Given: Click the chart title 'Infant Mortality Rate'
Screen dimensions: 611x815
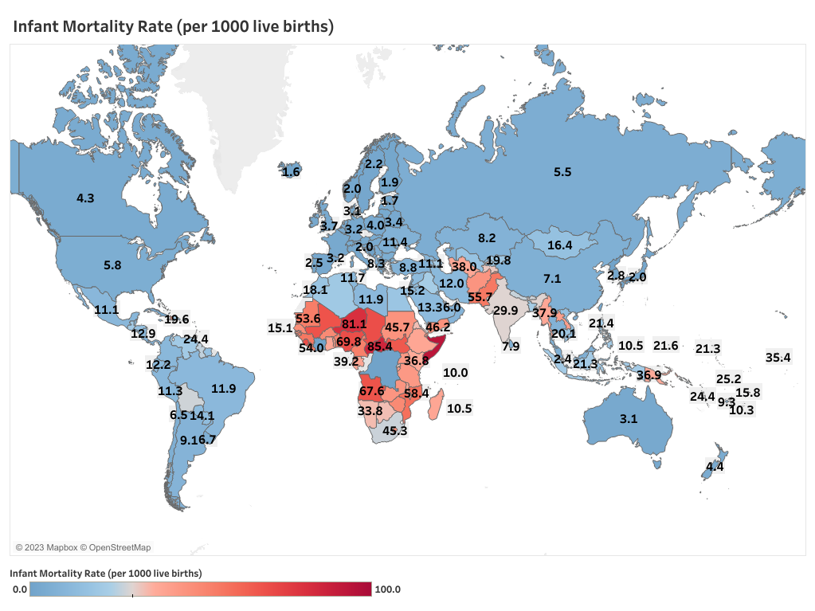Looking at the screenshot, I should tap(173, 26).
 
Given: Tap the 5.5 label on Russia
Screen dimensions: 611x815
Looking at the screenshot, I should tap(562, 172).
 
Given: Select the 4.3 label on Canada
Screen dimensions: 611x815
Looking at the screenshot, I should tap(85, 198).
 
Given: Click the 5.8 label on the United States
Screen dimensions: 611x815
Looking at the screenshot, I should tap(112, 265).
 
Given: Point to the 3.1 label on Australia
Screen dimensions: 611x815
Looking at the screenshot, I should tap(629, 419).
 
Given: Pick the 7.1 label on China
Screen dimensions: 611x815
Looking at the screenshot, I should tap(553, 279).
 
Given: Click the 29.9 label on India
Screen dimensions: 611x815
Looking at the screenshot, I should tap(506, 311).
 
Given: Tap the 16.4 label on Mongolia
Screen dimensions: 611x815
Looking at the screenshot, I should tap(559, 246).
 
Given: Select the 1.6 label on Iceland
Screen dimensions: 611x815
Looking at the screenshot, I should tap(292, 172).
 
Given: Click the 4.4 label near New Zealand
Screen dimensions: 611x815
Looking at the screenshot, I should tap(715, 467).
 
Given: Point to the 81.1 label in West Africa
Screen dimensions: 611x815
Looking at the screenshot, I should tap(354, 324).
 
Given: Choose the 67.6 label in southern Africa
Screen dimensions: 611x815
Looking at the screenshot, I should tap(372, 391).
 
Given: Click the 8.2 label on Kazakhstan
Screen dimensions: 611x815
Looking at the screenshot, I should tap(487, 238).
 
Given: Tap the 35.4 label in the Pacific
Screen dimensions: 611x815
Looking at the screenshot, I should tap(778, 358).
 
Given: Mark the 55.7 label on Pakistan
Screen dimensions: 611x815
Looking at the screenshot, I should tap(480, 297).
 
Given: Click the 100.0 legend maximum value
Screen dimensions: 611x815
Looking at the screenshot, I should tap(387, 589).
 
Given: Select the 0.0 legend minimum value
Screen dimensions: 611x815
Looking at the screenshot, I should tap(20, 589).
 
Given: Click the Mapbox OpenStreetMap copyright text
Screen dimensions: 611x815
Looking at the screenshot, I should tap(83, 547).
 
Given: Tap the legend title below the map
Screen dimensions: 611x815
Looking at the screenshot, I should tap(105, 573).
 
